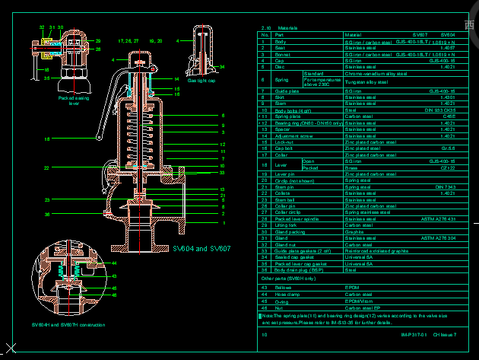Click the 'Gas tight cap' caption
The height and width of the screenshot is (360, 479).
coord(201,80)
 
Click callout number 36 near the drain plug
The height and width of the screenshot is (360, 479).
coord(46,215)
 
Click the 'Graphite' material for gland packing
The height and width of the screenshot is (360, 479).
coord(356,231)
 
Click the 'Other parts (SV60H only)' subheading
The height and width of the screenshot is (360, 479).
coord(290,279)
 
